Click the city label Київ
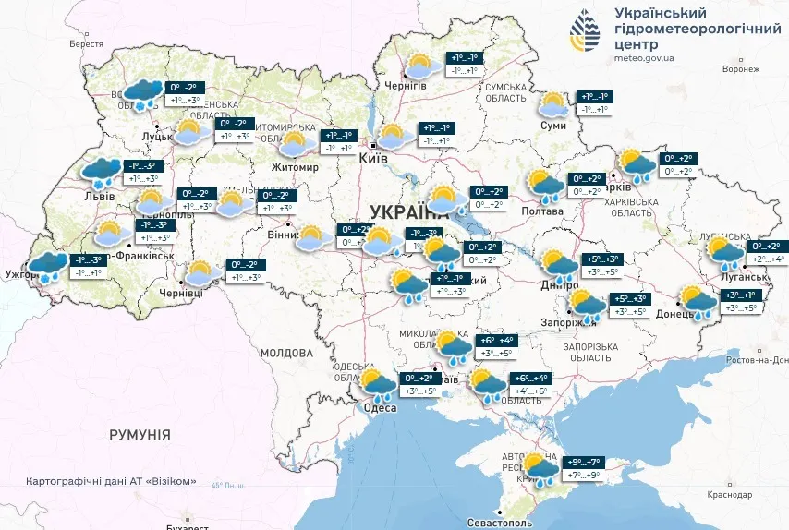pyautogui.click(x=374, y=160)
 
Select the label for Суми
pyautogui.click(x=552, y=125)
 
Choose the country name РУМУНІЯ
pyautogui.click(x=140, y=434)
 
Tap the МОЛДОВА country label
pyautogui.click(x=286, y=353)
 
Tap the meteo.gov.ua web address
pyautogui.click(x=643, y=57)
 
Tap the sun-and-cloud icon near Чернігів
pyautogui.click(x=422, y=66)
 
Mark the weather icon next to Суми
pyautogui.click(x=554, y=103)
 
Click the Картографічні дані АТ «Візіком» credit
pyautogui.click(x=111, y=481)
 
